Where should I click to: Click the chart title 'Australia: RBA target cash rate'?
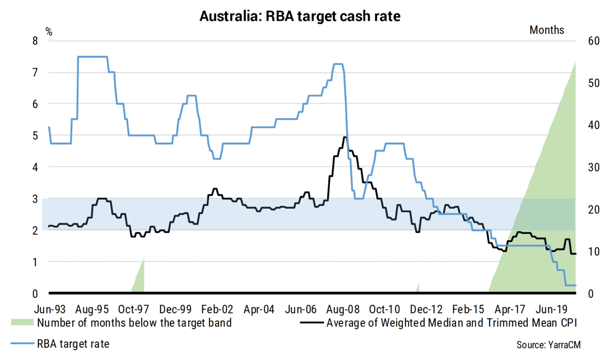[300, 16]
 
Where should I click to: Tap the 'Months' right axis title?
[547, 30]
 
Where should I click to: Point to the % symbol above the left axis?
[49, 32]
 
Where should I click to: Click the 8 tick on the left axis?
[35, 41]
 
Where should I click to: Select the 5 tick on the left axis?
[35, 135]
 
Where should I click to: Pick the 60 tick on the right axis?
[594, 41]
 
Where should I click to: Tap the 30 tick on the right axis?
[594, 167]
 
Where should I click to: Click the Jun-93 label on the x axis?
[50, 309]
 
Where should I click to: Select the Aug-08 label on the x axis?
[343, 309]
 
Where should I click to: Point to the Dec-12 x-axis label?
[426, 309]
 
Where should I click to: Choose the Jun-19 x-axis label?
[552, 309]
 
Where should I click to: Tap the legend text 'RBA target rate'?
[73, 344]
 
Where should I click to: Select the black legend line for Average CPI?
[311, 322]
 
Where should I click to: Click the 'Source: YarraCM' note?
[548, 345]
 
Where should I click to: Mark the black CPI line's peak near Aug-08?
[345, 137]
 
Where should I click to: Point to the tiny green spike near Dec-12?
[418, 287]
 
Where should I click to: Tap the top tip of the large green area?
[576, 62]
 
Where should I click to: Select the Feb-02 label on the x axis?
[217, 309]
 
